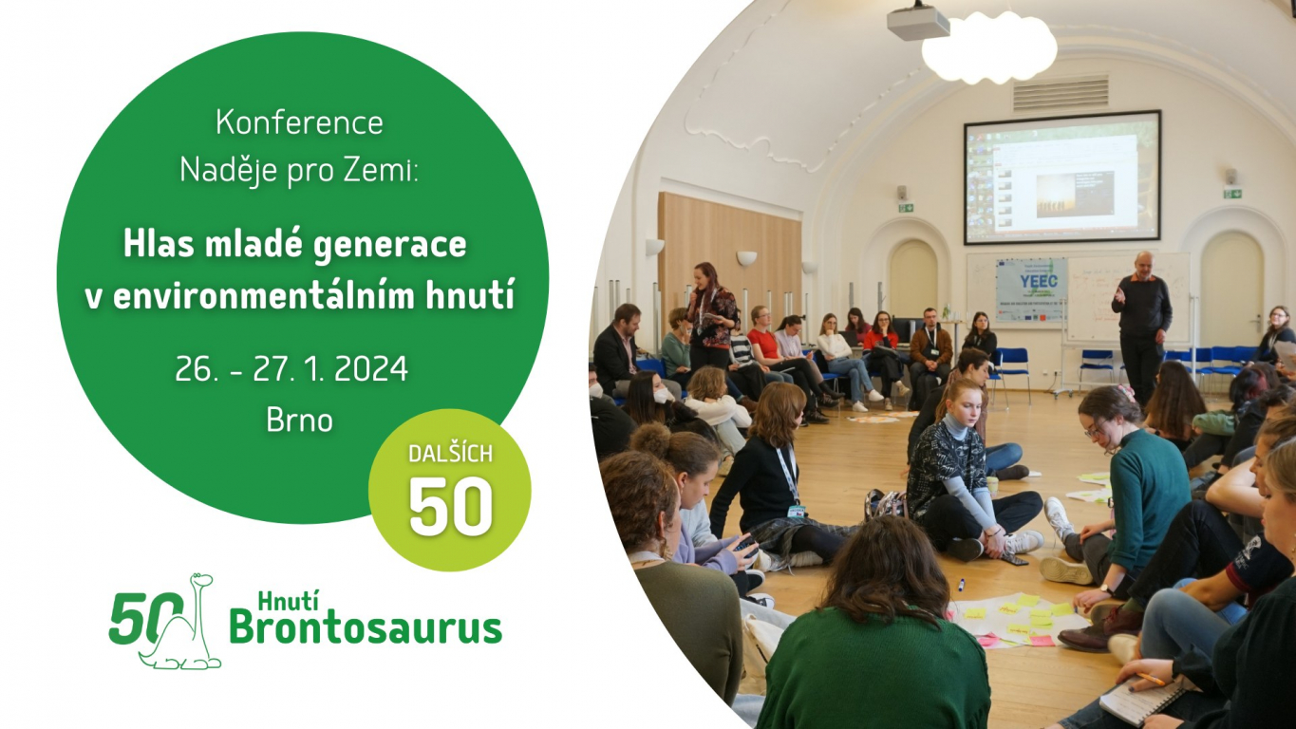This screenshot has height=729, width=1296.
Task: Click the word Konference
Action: click(299, 123)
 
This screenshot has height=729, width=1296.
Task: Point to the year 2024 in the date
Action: click(369, 369)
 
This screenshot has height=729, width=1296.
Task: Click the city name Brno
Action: click(300, 421)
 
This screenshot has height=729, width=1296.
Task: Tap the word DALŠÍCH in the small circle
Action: click(450, 453)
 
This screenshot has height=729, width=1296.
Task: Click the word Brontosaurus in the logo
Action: click(366, 628)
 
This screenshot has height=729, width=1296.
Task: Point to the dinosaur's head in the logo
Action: click(199, 579)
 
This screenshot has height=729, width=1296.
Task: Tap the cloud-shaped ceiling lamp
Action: click(988, 48)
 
